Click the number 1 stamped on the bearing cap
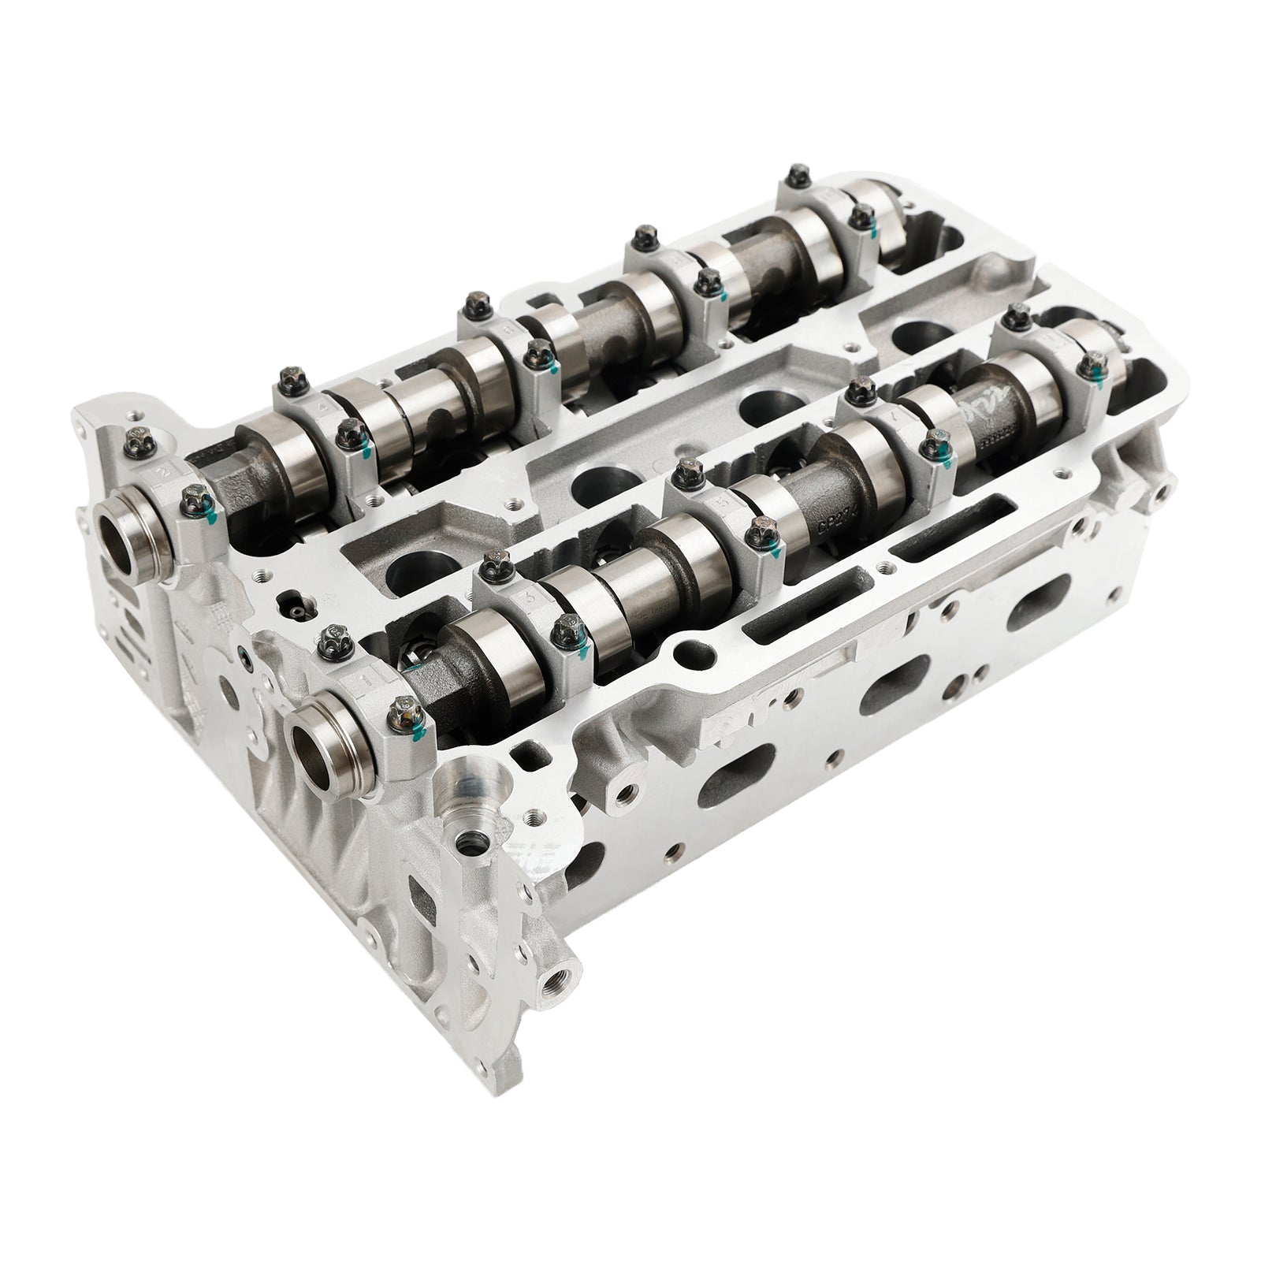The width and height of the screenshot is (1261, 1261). [x=365, y=676]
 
